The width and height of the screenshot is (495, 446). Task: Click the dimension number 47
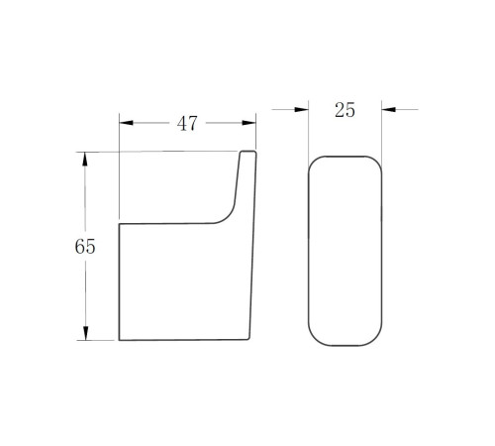pyautogui.click(x=187, y=124)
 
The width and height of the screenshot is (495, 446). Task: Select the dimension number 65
pyautogui.click(x=85, y=247)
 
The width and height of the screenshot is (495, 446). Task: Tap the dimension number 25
pyautogui.click(x=345, y=110)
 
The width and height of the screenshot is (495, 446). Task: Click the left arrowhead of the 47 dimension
pyautogui.click(x=126, y=123)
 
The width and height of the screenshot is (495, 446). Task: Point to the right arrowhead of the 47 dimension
pyautogui.click(x=248, y=123)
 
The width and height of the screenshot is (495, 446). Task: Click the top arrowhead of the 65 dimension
pyautogui.click(x=85, y=159)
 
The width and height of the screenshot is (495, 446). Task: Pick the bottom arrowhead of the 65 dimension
pyautogui.click(x=86, y=333)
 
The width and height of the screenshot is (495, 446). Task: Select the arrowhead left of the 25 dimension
pyautogui.click(x=301, y=109)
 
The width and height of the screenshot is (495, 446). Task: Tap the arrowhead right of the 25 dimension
pyautogui.click(x=389, y=109)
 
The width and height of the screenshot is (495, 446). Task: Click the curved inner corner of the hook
pyautogui.click(x=229, y=216)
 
